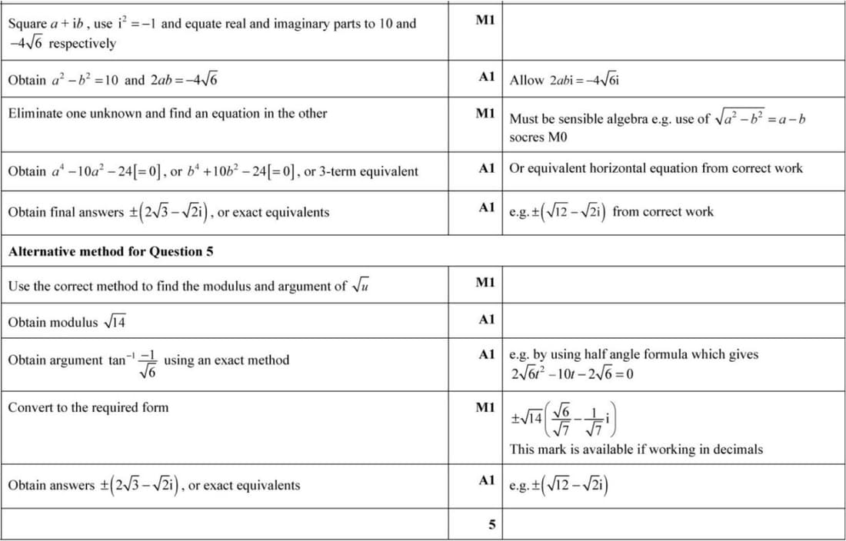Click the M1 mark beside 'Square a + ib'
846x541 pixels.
485,21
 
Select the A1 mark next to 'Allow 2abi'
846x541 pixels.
485,77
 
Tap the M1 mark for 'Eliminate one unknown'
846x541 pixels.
485,114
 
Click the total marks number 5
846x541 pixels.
491,525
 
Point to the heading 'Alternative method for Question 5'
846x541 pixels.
111,251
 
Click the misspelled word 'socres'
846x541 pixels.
527,138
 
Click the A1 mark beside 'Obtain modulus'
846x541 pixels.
485,319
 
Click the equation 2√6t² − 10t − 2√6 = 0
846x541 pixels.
572,374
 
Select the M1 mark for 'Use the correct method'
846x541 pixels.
485,283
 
